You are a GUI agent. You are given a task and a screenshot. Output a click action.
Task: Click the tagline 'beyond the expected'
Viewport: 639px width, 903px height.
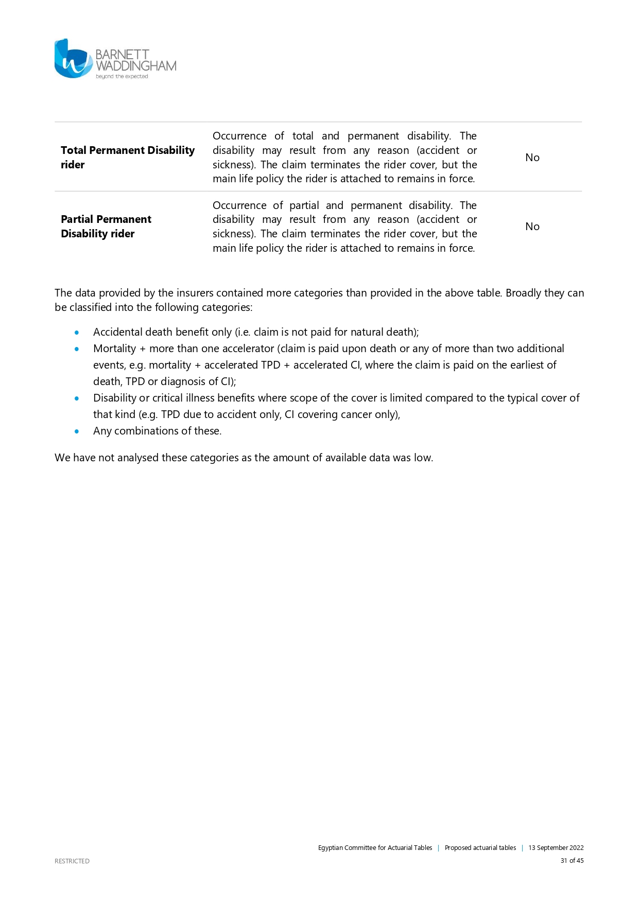point(122,77)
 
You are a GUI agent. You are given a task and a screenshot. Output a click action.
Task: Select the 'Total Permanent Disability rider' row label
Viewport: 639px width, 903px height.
point(127,157)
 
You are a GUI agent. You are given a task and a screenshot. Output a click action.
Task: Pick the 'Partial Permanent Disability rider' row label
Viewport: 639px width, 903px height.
point(106,227)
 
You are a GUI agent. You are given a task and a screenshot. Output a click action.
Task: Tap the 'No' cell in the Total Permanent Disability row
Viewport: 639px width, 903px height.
point(532,158)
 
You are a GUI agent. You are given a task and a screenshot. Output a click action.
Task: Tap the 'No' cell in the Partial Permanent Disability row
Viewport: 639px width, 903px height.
point(532,227)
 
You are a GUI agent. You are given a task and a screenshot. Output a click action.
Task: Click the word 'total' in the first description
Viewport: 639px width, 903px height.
point(303,136)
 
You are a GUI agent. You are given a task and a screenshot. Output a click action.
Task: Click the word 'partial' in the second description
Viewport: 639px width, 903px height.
point(304,205)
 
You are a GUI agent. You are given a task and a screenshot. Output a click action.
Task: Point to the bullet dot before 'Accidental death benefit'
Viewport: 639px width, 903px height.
point(77,333)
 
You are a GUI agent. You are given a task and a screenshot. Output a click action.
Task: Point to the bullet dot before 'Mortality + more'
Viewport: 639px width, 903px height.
point(77,349)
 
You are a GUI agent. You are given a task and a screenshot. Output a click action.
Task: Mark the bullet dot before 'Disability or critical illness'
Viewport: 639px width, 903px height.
point(77,398)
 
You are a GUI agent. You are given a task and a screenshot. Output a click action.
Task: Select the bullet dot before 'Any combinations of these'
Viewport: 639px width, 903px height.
point(77,431)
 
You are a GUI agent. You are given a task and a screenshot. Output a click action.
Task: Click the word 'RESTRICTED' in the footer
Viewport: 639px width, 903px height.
point(72,861)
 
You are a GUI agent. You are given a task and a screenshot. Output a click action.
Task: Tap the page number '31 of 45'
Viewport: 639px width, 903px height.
point(572,860)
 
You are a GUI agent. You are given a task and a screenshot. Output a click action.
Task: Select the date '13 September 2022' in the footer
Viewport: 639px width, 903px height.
point(556,847)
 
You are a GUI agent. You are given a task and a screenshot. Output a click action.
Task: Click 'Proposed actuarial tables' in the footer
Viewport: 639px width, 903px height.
point(480,847)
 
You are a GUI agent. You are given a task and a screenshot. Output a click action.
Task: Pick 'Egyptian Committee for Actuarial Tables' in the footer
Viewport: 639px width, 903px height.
point(375,847)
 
